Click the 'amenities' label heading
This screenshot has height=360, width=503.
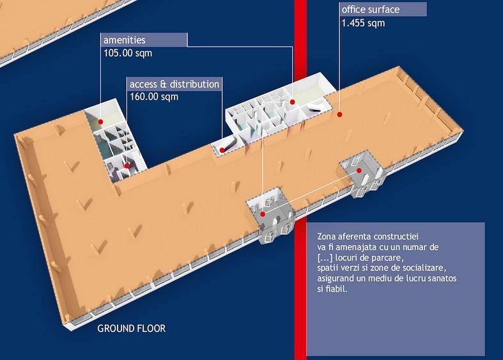tap(124, 40)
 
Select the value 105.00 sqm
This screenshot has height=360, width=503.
tap(128, 53)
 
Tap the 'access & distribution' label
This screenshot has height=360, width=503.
tap(174, 84)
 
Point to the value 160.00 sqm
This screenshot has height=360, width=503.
tap(154, 97)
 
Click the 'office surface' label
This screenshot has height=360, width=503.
tap(371, 10)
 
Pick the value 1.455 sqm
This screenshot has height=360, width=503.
tap(363, 23)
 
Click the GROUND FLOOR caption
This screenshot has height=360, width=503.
tap(132, 329)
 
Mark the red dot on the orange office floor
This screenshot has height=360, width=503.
tap(339, 114)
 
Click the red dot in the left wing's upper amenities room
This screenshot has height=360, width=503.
tap(100, 122)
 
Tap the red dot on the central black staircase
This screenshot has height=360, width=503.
tap(222, 150)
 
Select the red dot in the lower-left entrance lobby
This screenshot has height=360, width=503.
tap(263, 214)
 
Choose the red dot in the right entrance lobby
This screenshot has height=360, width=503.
tap(359, 170)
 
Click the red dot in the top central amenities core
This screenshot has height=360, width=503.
tap(292, 102)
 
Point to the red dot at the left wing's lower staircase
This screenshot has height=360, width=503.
tap(127, 166)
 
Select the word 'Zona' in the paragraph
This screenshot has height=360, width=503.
tap(327, 237)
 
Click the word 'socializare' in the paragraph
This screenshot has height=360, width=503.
tap(424, 268)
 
